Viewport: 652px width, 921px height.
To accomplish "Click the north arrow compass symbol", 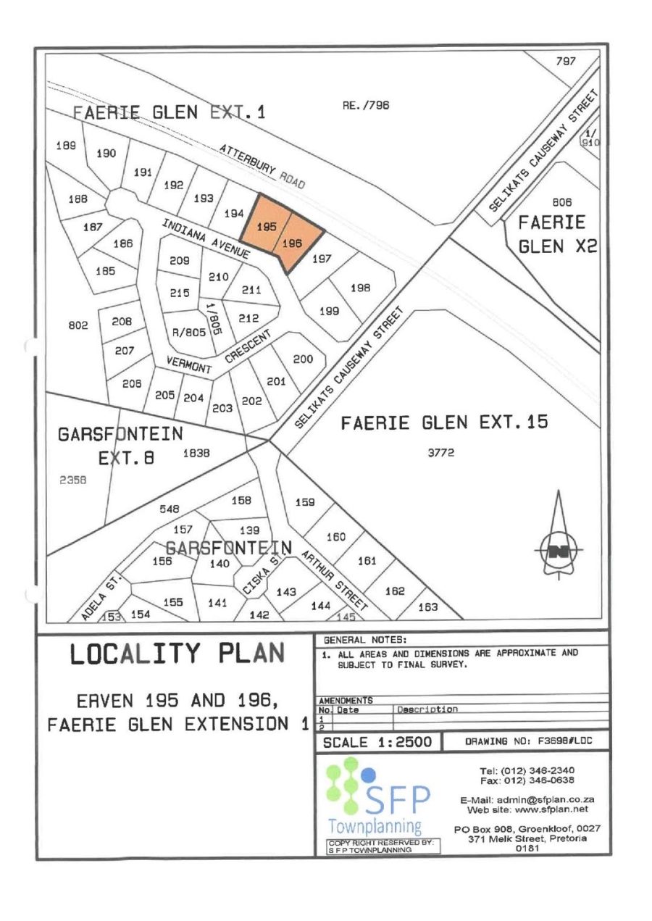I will pyautogui.click(x=559, y=551).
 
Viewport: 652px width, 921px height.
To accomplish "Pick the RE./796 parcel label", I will pyautogui.click(x=365, y=106).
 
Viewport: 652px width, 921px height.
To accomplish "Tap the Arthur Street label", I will pyautogui.click(x=333, y=583).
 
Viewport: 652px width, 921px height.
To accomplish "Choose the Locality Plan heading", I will pyautogui.click(x=175, y=655).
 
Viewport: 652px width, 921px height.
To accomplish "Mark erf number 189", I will pyautogui.click(x=66, y=145).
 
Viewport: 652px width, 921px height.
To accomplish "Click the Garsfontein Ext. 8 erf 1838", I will pyautogui.click(x=196, y=453).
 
